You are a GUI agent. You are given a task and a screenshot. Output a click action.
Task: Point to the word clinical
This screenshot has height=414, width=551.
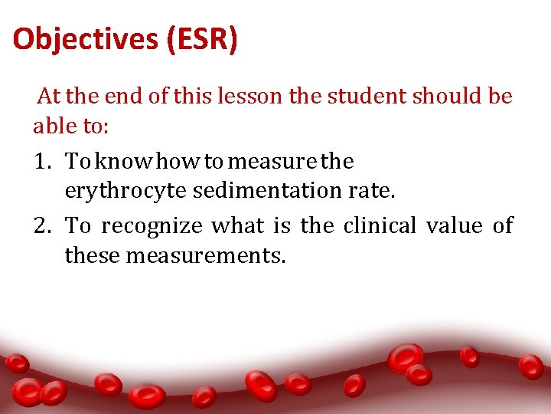[x=379, y=226]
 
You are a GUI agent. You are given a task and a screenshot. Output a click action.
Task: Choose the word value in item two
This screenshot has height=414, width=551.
[x=454, y=226]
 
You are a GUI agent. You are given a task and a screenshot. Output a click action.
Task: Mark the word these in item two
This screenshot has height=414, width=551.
[x=92, y=255]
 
